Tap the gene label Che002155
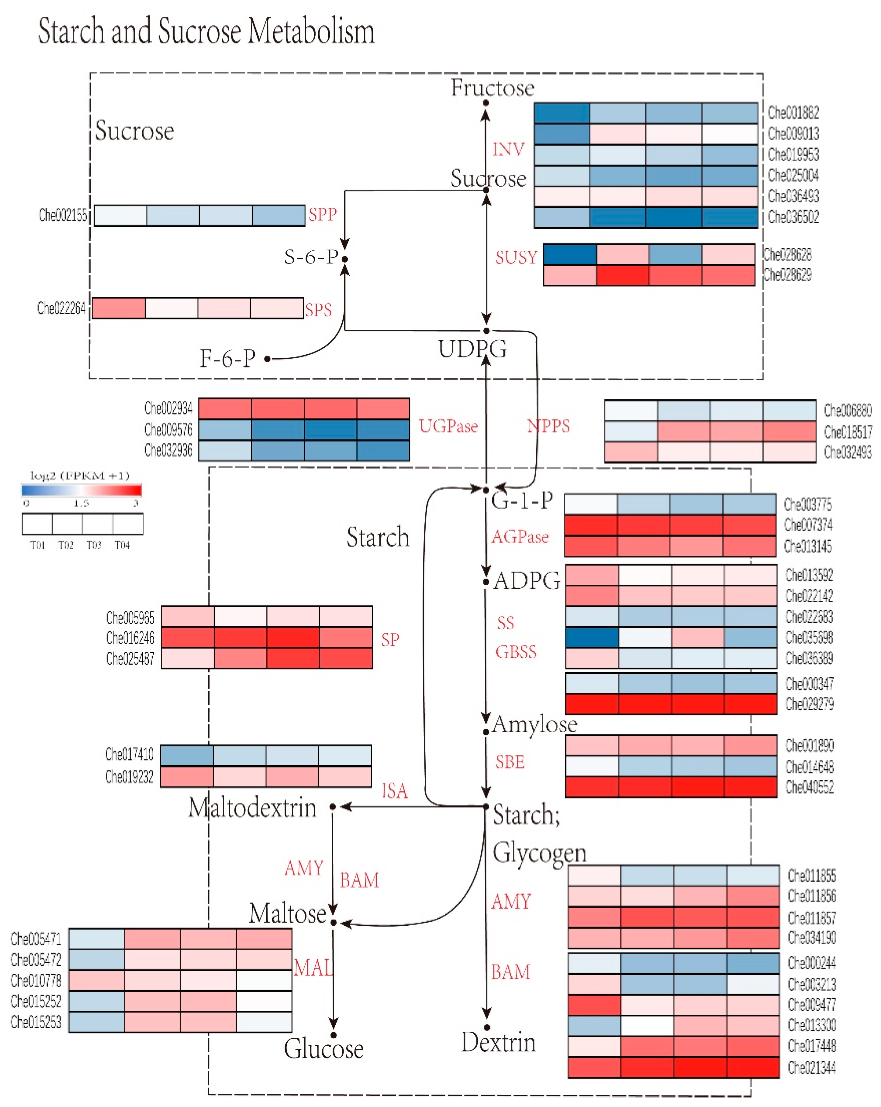coord(63,215)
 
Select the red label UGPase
coord(448,426)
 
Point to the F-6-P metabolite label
coord(228,358)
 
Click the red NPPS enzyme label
coord(548,426)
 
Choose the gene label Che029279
coord(809,704)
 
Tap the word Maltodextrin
coord(252,807)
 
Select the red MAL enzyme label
coord(313,968)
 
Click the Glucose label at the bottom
coord(323,1049)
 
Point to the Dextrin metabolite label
coord(498,1042)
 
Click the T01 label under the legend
coord(37,545)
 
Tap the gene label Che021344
coord(811,1067)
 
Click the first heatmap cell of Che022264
coord(119,308)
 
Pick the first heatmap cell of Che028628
coord(570,254)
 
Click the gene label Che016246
coord(130,638)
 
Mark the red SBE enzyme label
coord(510,762)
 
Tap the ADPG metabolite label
coord(527,581)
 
